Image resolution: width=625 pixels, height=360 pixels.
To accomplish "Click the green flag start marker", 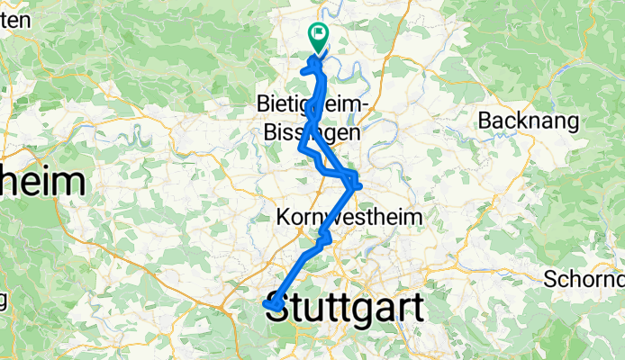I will pos(319,36).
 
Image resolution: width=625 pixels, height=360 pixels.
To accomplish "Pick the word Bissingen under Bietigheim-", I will pos(312,132).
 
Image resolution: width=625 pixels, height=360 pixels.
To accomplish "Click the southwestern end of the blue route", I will pos(267,306).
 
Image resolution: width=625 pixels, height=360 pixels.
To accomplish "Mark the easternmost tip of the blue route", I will pos(359,185).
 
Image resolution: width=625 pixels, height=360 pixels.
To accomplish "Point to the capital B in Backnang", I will pos(486,120).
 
